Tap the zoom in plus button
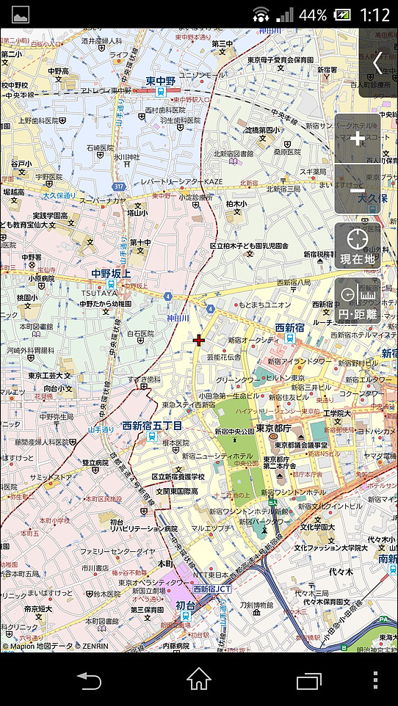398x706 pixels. pos(358,138)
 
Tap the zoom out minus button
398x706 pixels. pos(358,190)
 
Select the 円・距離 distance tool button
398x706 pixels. pos(358,301)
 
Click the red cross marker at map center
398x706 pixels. pos(198,340)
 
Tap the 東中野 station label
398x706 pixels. pos(159,81)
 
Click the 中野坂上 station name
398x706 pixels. pos(110,274)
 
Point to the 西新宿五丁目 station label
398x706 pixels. pos(152,426)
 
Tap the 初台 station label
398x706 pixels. pos(186,605)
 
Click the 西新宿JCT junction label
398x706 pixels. pos(212,589)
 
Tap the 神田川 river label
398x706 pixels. pos(178,318)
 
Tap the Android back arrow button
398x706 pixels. pos(89,680)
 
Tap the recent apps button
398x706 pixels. pos(309,680)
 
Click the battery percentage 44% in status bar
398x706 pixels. pos(313,15)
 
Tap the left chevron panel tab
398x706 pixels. pos(378,62)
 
